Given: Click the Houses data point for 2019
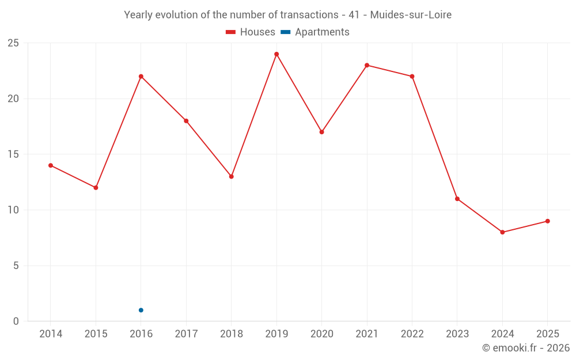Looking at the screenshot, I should click(x=276, y=54).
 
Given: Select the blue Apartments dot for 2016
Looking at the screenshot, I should click(x=141, y=310).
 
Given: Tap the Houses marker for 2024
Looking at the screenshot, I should click(x=502, y=232).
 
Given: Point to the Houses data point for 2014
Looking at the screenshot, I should click(x=51, y=165).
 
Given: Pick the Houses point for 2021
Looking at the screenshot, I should click(x=367, y=65).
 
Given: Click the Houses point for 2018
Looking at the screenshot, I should click(x=232, y=176).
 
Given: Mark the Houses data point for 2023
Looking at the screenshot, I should click(x=457, y=199).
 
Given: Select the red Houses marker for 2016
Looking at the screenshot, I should click(x=141, y=76).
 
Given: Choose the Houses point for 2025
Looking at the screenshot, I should click(x=548, y=221).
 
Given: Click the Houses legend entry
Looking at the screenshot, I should click(x=251, y=32).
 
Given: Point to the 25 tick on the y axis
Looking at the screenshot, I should click(x=13, y=43).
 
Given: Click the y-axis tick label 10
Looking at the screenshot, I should click(x=13, y=210).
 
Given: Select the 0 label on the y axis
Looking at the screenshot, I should click(x=16, y=321).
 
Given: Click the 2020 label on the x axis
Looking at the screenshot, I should click(x=322, y=334).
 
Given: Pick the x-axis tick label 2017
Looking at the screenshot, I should click(x=186, y=334).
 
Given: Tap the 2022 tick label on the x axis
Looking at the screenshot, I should click(x=412, y=334).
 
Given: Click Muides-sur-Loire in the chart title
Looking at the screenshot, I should click(x=411, y=14).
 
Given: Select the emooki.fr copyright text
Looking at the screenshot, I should click(x=526, y=348).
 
